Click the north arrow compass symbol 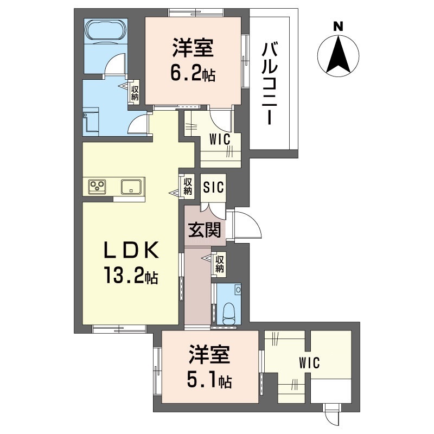point(339,54)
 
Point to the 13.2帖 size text point(131,277)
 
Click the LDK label point(131,250)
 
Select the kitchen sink point(132,187)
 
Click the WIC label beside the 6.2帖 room point(220,139)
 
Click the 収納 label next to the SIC point(188,186)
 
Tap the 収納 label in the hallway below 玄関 point(220,264)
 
